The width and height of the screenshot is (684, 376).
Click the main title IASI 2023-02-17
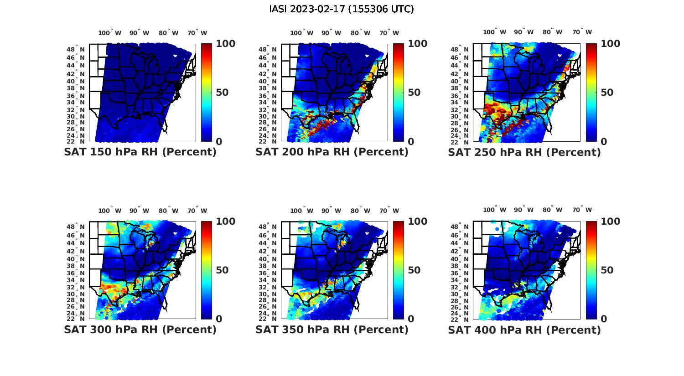342,9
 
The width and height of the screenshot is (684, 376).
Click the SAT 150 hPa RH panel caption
140,152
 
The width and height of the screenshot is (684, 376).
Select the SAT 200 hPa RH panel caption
332,152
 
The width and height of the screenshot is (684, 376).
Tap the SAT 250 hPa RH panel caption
524,152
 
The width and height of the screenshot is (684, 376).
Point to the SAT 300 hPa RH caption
140,330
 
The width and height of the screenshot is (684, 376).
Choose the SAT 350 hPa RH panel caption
332,330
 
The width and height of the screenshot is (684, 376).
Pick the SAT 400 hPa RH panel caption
524,330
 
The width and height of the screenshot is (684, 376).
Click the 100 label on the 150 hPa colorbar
225,44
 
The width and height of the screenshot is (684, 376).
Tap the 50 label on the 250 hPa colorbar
606,93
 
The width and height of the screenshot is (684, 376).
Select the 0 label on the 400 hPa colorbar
604,319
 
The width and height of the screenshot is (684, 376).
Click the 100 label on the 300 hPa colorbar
225,221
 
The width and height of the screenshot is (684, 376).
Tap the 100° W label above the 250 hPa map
494,32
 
